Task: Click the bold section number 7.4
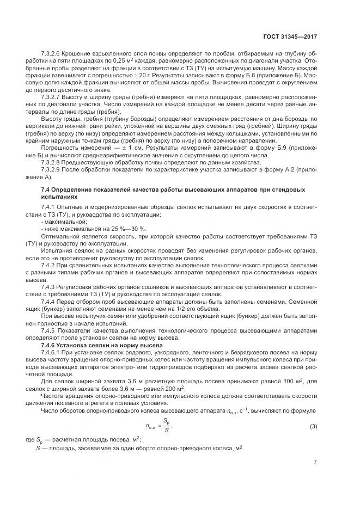tap(46, 188)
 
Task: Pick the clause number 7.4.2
tap(48, 264)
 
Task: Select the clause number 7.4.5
tap(48, 331)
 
